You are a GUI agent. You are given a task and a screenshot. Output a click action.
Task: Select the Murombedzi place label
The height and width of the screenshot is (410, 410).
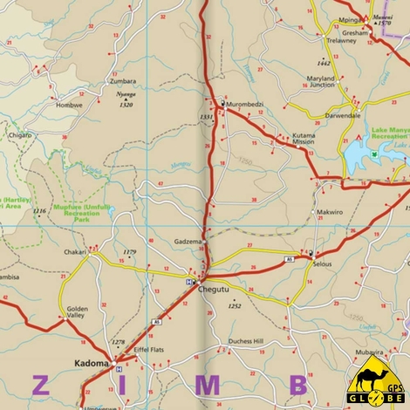[x=245, y=104]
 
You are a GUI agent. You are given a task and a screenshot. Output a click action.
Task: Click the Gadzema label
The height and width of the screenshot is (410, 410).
[x=188, y=242]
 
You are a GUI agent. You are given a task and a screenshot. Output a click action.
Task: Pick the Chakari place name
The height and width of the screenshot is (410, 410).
[x=74, y=251]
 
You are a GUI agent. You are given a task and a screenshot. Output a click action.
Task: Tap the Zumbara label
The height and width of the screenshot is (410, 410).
[x=122, y=81]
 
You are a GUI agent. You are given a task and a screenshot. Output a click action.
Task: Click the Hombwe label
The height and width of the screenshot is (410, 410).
[x=69, y=105]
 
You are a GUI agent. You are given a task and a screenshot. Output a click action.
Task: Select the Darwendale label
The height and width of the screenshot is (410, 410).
[x=342, y=115]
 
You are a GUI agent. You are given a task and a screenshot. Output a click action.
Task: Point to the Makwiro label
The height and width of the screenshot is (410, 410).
[x=329, y=212]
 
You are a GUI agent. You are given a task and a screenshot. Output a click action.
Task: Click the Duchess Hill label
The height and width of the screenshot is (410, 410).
[x=245, y=341]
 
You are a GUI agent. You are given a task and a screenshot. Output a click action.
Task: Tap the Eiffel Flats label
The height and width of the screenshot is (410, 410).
[x=148, y=350]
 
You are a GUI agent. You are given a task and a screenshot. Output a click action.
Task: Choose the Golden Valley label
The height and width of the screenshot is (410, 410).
[x=78, y=312]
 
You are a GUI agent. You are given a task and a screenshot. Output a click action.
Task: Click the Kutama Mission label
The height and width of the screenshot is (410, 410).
[x=304, y=139]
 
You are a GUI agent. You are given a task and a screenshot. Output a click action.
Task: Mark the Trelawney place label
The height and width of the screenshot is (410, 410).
[x=341, y=40]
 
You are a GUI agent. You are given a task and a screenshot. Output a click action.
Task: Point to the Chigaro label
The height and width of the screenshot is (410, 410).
[x=20, y=135]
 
